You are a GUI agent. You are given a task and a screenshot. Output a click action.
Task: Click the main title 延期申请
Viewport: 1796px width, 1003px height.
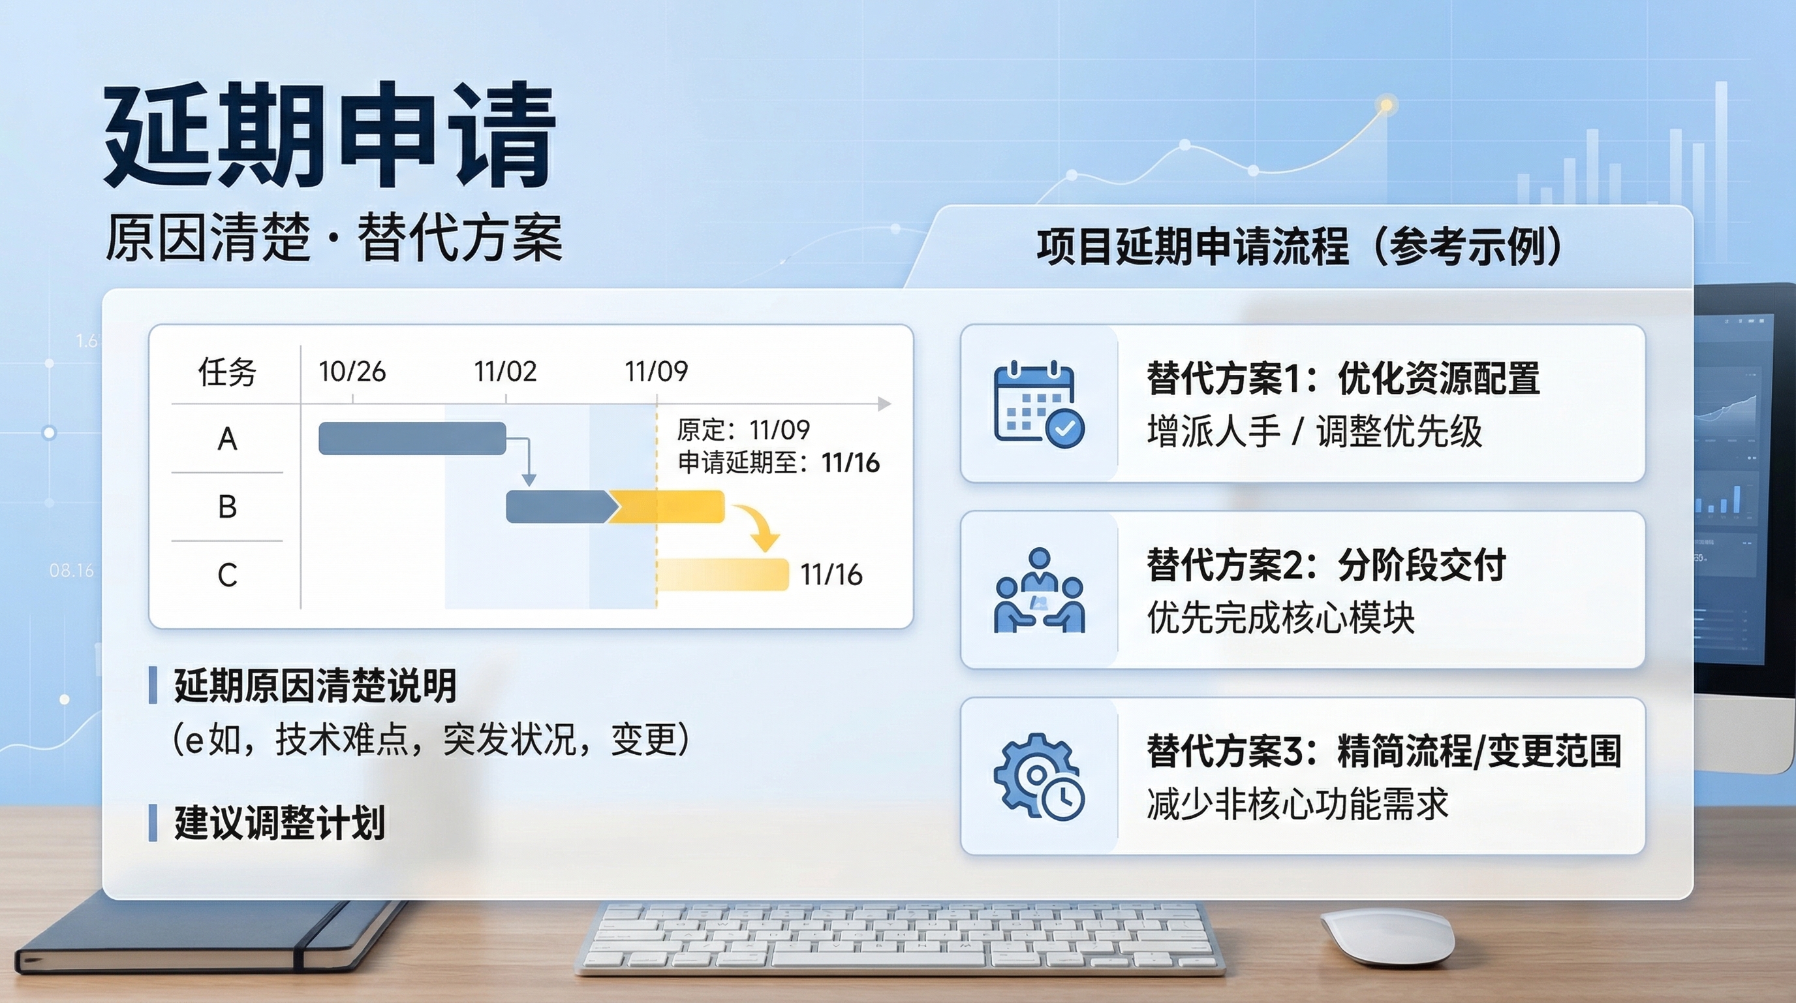click(x=329, y=136)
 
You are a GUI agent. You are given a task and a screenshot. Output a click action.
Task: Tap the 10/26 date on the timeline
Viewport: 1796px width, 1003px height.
click(x=352, y=371)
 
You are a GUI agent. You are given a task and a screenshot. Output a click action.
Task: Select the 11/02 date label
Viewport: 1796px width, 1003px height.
click(x=506, y=371)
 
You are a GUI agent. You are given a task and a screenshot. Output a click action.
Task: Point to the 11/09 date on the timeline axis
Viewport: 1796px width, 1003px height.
click(x=656, y=371)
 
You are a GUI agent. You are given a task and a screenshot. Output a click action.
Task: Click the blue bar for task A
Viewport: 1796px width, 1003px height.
click(x=412, y=438)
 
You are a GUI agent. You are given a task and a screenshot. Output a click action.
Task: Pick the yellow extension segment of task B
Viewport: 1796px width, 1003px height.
click(x=666, y=506)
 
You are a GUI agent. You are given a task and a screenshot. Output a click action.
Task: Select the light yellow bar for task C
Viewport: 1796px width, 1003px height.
click(x=723, y=575)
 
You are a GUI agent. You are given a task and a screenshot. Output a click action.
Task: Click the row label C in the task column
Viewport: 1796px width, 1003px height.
click(x=227, y=575)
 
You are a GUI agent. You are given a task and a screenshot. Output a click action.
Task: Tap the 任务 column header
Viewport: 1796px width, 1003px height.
click(x=227, y=372)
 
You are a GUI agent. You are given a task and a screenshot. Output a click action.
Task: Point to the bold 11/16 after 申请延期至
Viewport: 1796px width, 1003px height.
click(x=850, y=462)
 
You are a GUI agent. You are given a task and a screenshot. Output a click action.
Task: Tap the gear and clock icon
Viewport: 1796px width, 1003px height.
click(x=1039, y=776)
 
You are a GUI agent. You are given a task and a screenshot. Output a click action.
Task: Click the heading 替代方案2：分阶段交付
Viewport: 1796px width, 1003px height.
click(x=1327, y=565)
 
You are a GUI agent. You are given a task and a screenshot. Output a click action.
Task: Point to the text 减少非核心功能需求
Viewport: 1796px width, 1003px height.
click(x=1297, y=804)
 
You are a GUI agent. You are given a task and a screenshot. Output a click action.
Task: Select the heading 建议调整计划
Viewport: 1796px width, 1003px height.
click(x=279, y=822)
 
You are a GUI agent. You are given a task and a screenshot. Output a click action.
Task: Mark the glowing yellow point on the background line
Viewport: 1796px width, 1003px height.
click(x=1387, y=105)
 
